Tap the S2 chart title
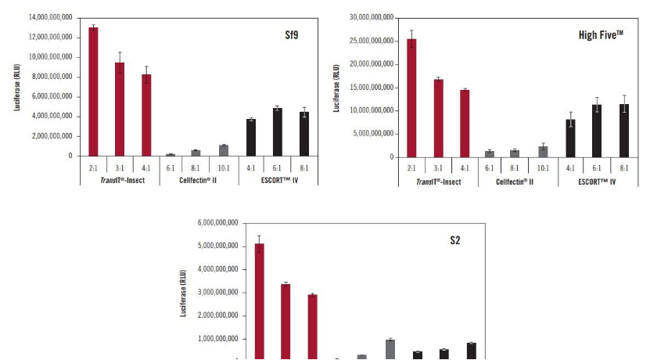click(x=454, y=240)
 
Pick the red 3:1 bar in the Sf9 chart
click(x=120, y=109)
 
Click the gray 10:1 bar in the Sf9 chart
click(x=224, y=150)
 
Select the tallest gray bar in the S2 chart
click(x=390, y=349)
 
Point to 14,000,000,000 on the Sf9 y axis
click(x=50, y=17)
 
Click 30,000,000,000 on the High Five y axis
click(x=368, y=17)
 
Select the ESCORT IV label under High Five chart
click(x=597, y=182)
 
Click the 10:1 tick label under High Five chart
click(x=543, y=167)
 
